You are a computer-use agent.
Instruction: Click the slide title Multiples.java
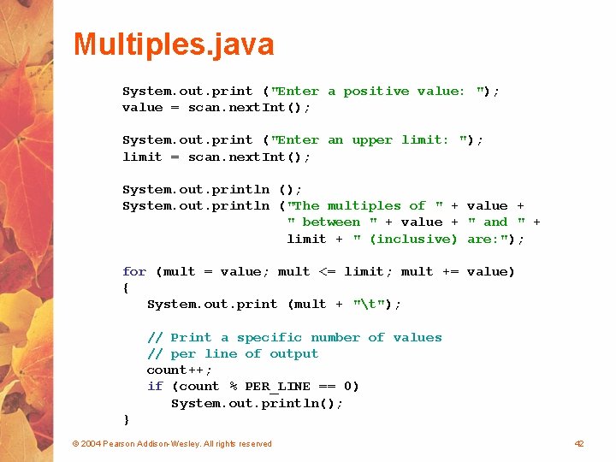[x=174, y=44]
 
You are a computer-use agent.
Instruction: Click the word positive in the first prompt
[x=376, y=91]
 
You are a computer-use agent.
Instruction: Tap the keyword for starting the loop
[x=134, y=271]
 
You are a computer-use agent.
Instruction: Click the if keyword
[x=155, y=386]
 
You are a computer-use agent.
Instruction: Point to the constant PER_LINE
[x=278, y=386]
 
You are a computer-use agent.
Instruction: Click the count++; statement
[x=180, y=370]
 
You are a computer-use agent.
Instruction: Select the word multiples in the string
[x=364, y=205]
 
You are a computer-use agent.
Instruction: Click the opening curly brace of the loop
[x=127, y=287]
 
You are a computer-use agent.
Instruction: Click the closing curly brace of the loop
[x=127, y=419]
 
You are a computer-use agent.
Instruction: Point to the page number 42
[x=579, y=443]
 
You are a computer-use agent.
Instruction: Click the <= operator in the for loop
[x=327, y=271]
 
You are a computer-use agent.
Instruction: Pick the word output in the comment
[x=293, y=353]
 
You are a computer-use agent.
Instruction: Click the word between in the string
[x=331, y=222]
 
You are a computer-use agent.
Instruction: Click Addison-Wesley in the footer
[x=172, y=443]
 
